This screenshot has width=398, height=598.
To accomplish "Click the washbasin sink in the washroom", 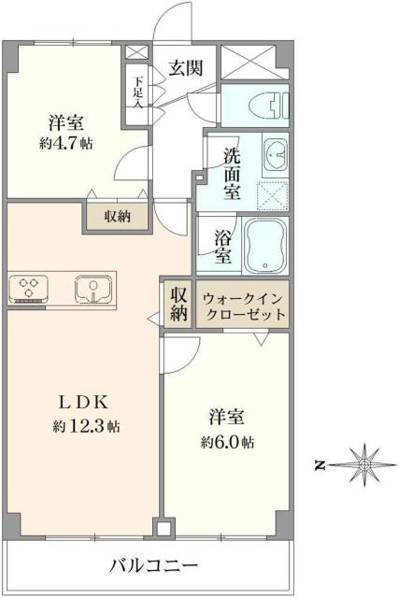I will pyautogui.click(x=274, y=153).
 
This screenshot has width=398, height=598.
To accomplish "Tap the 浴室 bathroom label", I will pyautogui.click(x=223, y=244).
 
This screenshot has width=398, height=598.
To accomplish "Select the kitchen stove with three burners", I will pyautogui.click(x=29, y=289).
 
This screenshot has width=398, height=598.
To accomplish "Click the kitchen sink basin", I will pyautogui.click(x=93, y=289).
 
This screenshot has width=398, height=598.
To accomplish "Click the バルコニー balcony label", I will pyautogui.click(x=153, y=565).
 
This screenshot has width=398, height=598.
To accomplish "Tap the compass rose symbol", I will pyautogui.click(x=364, y=463).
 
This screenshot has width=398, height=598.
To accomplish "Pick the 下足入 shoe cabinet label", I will pyautogui.click(x=137, y=92).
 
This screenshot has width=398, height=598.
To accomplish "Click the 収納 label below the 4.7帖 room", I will pyautogui.click(x=118, y=217).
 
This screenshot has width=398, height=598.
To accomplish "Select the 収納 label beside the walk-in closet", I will pyautogui.click(x=178, y=304).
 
